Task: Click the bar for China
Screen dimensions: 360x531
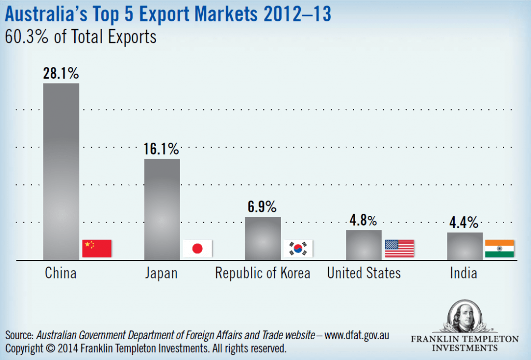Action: coord(61,171)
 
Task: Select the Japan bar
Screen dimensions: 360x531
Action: coord(162,209)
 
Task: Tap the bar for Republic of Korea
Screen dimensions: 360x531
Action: coord(262,238)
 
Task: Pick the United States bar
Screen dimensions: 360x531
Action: coord(364,244)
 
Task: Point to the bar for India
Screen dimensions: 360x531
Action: coord(465,245)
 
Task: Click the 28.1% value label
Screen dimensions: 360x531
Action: coord(61,73)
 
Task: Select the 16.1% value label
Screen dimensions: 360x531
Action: coord(162,149)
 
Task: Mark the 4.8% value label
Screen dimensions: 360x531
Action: coord(364,220)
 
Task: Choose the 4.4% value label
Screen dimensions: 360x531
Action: coord(465,223)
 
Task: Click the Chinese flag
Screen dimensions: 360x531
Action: coord(97,248)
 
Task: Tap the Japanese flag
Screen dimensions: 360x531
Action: coord(198,248)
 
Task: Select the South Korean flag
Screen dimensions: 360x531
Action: coord(299,248)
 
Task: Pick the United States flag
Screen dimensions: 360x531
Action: coord(399,248)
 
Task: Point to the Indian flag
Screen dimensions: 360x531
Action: coord(499,248)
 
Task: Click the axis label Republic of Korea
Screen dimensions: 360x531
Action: coord(262,273)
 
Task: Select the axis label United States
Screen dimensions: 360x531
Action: coord(364,273)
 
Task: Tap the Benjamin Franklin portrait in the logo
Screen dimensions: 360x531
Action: coord(464,316)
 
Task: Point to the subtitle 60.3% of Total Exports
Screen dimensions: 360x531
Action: coord(80,38)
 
